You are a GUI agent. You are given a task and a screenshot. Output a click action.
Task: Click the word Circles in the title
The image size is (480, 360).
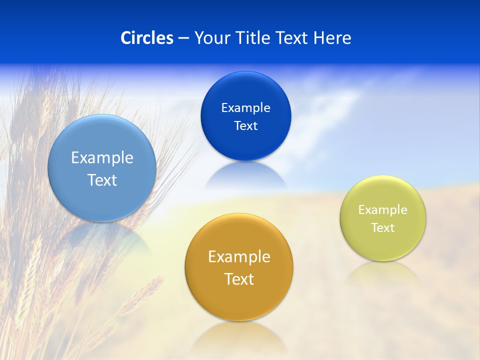pos(147,38)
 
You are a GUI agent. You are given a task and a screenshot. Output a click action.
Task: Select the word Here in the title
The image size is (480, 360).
pos(332,38)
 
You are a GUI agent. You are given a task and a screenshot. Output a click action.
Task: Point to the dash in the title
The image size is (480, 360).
pos(183,38)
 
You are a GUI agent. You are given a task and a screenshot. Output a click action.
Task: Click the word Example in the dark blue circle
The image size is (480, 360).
pos(245,108)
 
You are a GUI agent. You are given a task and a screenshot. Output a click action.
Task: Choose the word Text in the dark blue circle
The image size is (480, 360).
pos(245,126)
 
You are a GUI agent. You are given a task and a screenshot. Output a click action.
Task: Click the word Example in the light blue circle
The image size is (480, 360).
pos(102,158)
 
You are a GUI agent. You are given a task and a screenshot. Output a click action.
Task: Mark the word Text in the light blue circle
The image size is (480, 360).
pos(102,180)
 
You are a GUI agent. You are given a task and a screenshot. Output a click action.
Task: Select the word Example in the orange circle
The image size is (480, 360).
pos(239,257)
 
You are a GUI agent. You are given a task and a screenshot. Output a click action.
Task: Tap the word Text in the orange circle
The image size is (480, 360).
pos(239,279)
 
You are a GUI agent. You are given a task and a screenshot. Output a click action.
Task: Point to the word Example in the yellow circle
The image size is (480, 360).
pos(383,210)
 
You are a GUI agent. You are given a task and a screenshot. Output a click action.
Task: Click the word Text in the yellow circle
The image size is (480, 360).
pos(383,228)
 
